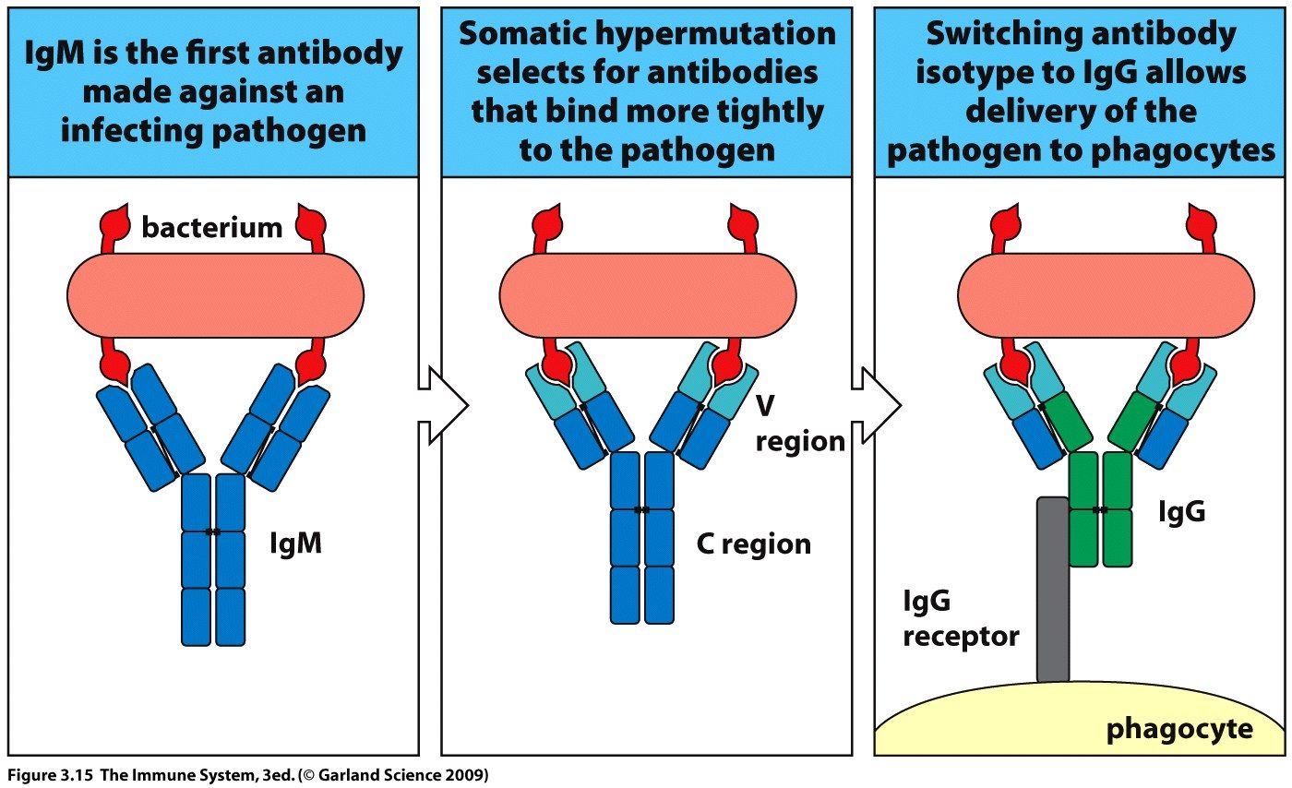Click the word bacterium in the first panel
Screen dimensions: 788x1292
pos(212,227)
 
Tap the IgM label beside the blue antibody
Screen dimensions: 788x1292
pos(294,543)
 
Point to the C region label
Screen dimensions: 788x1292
pos(753,543)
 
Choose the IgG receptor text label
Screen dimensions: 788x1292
pos(960,619)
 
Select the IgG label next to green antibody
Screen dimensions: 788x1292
pos(1181,511)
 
